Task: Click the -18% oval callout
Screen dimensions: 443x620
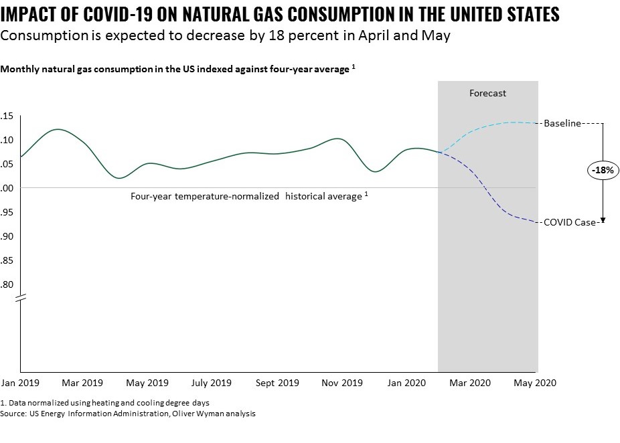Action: point(603,171)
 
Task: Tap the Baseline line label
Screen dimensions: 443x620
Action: point(562,123)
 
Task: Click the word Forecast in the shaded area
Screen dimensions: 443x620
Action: point(487,94)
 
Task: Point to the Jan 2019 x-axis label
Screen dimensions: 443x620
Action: point(21,383)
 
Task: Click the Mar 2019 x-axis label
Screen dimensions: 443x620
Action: point(82,383)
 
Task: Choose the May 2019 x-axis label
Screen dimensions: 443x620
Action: point(147,383)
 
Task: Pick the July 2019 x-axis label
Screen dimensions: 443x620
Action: point(212,383)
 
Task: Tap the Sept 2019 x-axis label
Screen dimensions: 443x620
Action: point(277,383)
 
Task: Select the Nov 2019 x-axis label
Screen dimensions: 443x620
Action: point(341,383)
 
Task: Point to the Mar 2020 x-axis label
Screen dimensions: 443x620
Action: point(469,383)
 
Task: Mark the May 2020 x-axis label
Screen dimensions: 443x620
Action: point(535,383)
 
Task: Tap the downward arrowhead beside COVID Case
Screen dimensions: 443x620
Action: point(603,219)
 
